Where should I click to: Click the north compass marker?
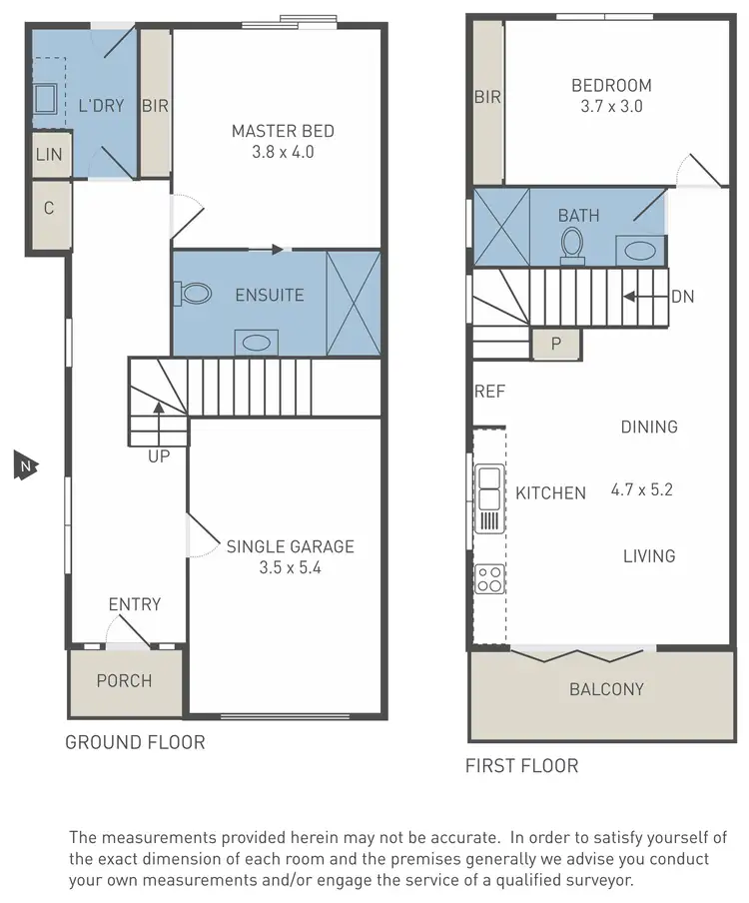[22, 465]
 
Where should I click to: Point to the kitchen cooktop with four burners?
[488, 577]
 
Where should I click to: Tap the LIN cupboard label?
[48, 155]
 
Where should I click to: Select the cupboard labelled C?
[48, 209]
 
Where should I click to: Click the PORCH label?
[124, 681]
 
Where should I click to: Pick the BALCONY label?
[606, 689]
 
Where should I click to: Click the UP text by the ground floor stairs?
[159, 456]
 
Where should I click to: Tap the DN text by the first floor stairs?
[683, 296]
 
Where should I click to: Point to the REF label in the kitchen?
[490, 392]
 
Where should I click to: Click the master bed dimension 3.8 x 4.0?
[283, 153]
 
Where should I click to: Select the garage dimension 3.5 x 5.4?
[290, 568]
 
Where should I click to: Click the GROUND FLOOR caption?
[135, 742]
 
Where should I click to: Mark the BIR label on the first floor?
[487, 97]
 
